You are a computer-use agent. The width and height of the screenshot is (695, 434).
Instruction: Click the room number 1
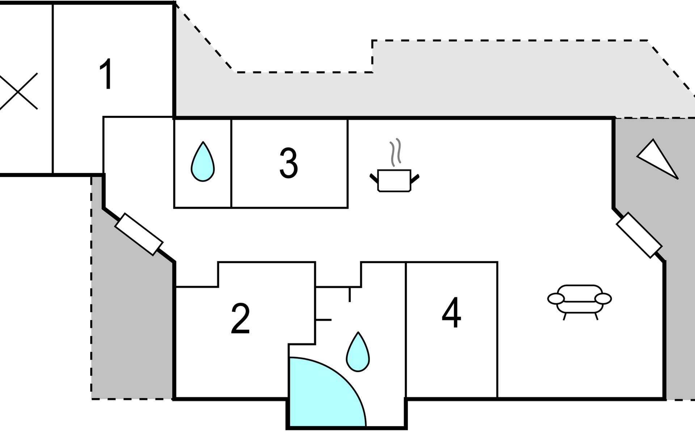(x=106, y=74)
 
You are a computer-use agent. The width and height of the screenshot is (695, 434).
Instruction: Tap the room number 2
(x=240, y=319)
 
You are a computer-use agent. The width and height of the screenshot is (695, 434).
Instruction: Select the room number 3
(x=288, y=163)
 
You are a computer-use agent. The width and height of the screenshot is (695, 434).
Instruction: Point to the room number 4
(x=451, y=313)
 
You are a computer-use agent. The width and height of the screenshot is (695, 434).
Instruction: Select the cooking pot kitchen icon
(x=394, y=180)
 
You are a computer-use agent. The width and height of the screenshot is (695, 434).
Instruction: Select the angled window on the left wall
(x=139, y=234)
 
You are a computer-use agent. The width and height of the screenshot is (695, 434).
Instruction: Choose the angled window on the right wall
(x=639, y=235)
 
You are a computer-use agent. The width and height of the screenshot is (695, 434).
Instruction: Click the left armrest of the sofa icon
(x=556, y=299)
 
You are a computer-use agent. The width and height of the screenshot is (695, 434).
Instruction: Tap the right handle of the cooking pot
(x=415, y=178)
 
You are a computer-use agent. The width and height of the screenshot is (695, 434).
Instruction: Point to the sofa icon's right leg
(x=596, y=316)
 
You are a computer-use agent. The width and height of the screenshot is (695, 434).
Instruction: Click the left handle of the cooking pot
(x=374, y=178)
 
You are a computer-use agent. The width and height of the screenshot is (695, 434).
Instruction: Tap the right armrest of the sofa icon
(x=603, y=299)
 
